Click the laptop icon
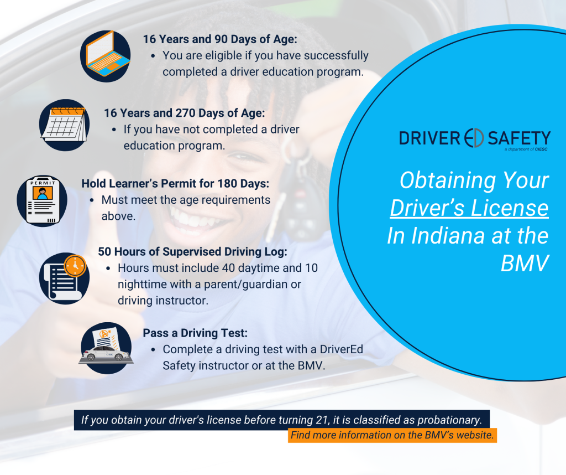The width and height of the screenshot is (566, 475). point(106,56)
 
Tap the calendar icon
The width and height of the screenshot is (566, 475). point(65,125)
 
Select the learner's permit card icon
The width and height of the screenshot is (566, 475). point(42,201)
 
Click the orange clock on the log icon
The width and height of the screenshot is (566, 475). point(75,266)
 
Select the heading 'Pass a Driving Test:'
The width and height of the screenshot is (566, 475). point(195,333)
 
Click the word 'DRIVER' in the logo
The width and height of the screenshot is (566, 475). point(429,138)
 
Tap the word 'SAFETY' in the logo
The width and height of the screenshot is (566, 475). point(519,138)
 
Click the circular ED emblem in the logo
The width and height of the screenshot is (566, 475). point(474,138)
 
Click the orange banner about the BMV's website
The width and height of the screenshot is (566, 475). point(392,435)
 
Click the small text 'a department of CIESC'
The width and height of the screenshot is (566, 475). point(526,149)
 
